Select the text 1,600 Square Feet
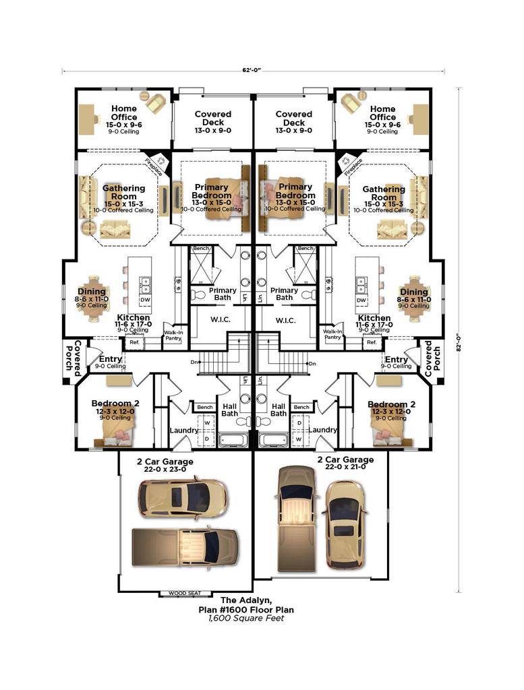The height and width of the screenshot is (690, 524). [x=246, y=617]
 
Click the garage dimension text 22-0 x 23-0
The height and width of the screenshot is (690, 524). [x=165, y=470]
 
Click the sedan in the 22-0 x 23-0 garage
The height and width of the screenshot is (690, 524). [x=182, y=498]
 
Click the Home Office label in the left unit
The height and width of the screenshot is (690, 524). [x=123, y=113]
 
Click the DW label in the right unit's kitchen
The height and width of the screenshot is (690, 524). [x=361, y=300]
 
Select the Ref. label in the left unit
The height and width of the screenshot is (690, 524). [x=134, y=342]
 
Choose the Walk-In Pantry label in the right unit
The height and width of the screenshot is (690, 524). [x=332, y=334]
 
